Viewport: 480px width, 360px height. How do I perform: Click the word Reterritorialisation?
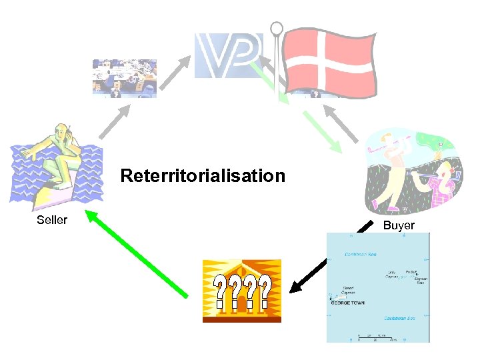point(203,177)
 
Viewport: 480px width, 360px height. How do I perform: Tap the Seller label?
point(52,220)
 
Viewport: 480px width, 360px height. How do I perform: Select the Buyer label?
point(399,226)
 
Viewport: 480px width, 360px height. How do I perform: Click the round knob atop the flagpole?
point(277,29)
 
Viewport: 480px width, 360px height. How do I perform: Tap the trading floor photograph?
point(125,79)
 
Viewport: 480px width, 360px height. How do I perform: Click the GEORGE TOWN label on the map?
point(346,302)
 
